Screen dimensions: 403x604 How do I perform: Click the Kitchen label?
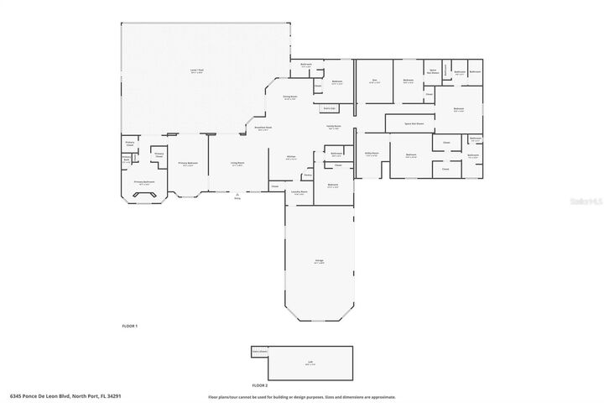291,158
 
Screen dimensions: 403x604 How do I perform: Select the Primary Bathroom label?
144,182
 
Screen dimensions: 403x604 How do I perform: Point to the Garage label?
319,262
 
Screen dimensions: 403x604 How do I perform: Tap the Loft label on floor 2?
310,364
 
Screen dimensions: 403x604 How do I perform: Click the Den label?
374,81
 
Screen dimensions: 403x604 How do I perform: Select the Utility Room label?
372,154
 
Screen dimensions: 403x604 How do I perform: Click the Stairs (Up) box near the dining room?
329,107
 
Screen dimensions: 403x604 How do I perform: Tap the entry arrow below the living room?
237,195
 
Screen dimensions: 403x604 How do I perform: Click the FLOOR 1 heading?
129,326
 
